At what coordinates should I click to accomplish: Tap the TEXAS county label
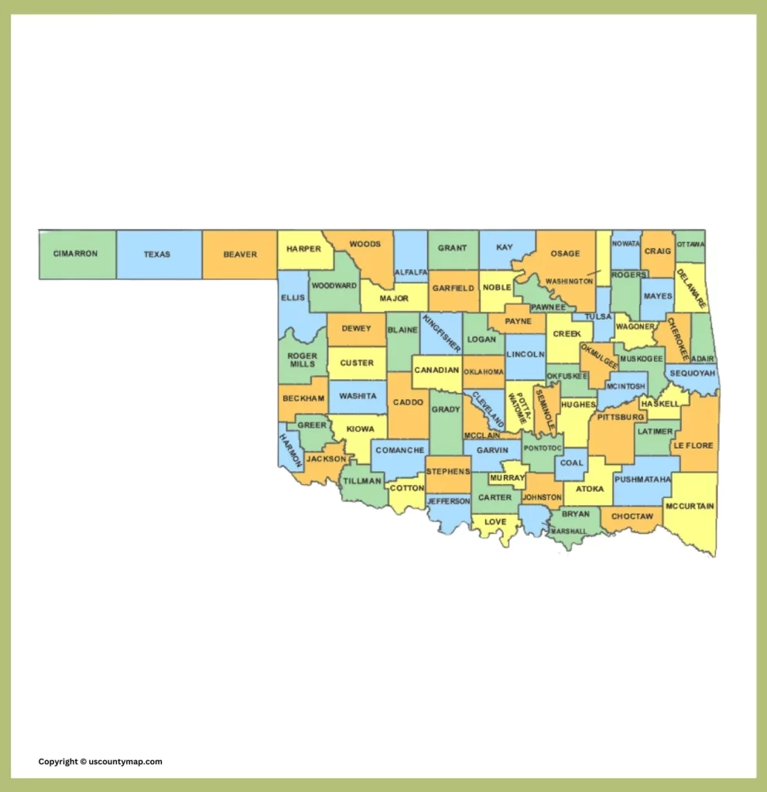click(156, 254)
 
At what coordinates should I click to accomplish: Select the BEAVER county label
click(240, 254)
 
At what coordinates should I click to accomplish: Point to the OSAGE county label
click(565, 254)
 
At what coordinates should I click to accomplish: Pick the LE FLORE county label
click(692, 445)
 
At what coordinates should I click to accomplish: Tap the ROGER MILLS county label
click(303, 360)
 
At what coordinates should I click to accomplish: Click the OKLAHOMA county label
click(484, 372)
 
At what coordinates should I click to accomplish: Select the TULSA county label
click(598, 316)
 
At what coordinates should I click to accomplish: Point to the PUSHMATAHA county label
click(642, 480)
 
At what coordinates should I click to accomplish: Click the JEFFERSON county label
click(448, 501)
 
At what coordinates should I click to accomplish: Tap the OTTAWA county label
click(690, 244)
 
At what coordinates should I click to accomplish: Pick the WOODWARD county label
click(334, 285)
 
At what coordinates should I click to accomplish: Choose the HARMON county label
click(289, 450)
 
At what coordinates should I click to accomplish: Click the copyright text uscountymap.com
click(101, 762)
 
